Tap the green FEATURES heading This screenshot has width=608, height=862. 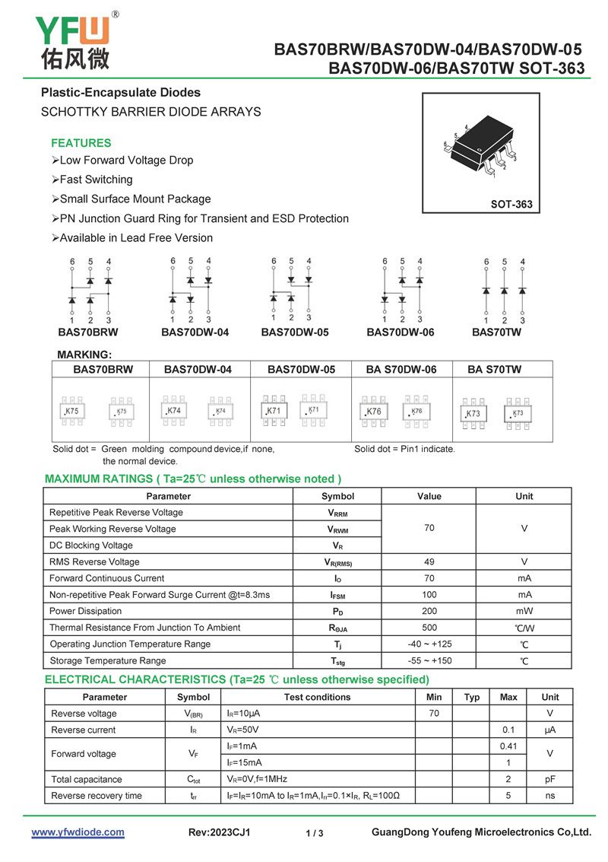point(81,143)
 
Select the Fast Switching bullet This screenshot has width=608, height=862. point(96,180)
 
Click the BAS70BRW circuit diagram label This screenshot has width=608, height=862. point(88,332)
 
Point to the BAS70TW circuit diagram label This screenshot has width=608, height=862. point(496,332)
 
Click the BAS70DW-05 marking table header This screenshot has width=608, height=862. point(301,370)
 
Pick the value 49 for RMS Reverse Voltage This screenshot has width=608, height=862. point(429,562)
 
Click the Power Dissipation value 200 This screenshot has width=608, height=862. point(429,612)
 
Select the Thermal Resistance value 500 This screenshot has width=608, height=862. point(429,628)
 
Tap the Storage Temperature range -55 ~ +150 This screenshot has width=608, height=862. point(429,661)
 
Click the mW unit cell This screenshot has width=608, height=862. point(524,612)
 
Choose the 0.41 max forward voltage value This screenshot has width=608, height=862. point(508,746)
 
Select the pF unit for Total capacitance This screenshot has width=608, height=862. point(550,780)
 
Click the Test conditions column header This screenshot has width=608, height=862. point(318,697)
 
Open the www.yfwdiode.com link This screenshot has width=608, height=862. point(78,832)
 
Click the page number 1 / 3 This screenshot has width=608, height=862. point(315,834)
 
